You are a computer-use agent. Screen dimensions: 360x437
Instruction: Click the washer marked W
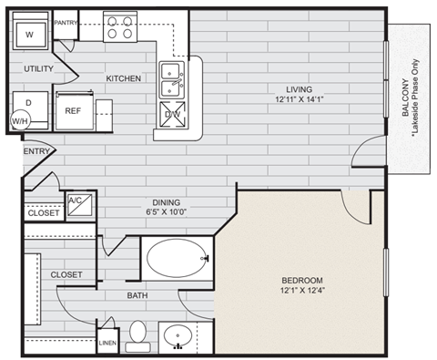(29, 35)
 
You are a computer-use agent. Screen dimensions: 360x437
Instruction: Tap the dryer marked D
(28, 103)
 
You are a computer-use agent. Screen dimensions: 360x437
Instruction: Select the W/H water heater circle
(20, 120)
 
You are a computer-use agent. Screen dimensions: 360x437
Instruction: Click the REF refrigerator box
(74, 110)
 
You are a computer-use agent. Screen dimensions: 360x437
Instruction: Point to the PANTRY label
(66, 21)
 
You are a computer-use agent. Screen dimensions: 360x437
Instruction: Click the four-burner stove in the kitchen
(120, 26)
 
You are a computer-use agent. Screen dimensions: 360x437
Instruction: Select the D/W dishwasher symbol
(172, 114)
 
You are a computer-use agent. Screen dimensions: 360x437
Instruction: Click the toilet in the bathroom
(138, 334)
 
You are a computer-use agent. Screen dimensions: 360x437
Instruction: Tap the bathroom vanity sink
(178, 336)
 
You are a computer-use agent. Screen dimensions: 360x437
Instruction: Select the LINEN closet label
(107, 343)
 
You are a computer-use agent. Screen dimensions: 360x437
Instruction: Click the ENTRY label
(36, 151)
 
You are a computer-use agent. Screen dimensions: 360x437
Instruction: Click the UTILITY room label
(37, 69)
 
